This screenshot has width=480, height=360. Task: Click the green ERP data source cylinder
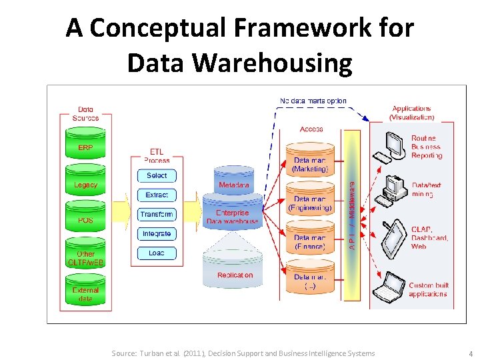tap(85, 149)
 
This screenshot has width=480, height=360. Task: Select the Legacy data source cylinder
tap(85, 185)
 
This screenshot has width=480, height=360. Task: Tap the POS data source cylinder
tap(85, 221)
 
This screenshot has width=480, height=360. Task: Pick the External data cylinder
tap(85, 294)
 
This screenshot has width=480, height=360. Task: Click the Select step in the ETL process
tap(157, 175)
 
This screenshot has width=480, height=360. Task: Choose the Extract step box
tap(157, 195)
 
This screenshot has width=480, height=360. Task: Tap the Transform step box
tap(157, 214)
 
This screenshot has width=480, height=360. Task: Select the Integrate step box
tap(157, 233)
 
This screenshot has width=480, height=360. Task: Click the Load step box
tap(157, 253)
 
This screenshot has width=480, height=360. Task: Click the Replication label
tap(235, 275)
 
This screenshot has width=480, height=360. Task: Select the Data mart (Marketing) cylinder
tap(310, 164)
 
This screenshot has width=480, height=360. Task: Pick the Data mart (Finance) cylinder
tap(310, 241)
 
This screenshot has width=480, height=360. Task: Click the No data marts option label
tap(313, 101)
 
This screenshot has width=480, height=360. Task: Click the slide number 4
tap(470, 353)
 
